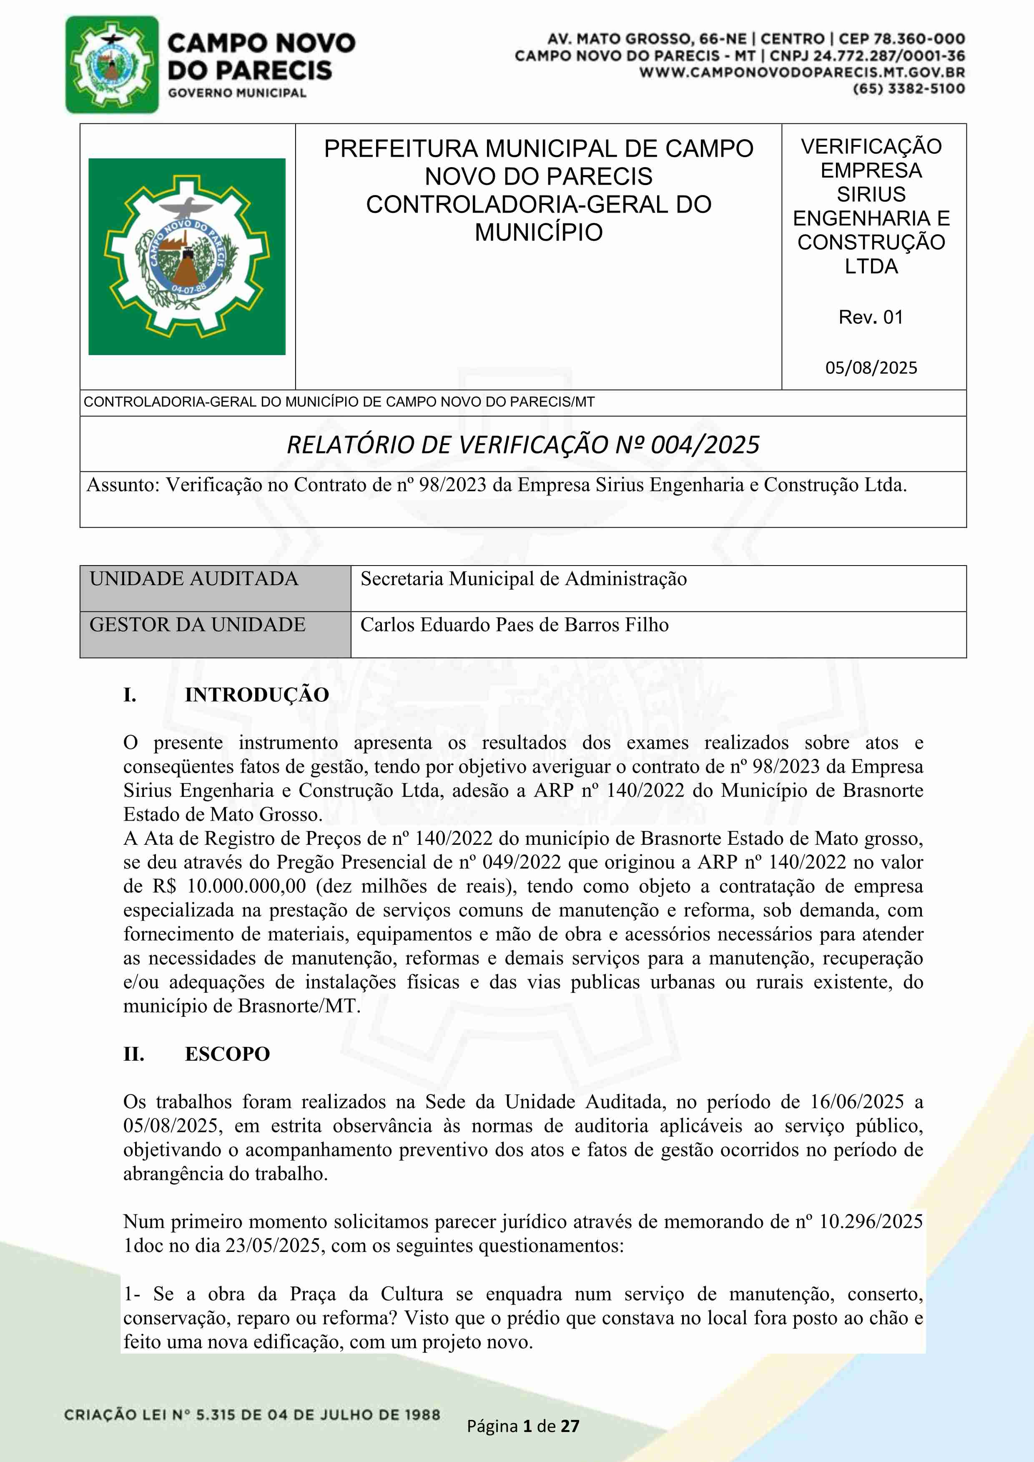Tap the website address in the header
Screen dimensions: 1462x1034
tap(802, 73)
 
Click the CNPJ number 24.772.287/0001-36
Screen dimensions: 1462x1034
tap(889, 56)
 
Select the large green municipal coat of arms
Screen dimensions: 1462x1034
tap(187, 257)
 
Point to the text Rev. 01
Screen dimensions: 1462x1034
tap(871, 317)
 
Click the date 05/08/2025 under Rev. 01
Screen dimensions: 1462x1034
tap(871, 368)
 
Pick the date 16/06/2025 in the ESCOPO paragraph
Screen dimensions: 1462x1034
tap(857, 1102)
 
